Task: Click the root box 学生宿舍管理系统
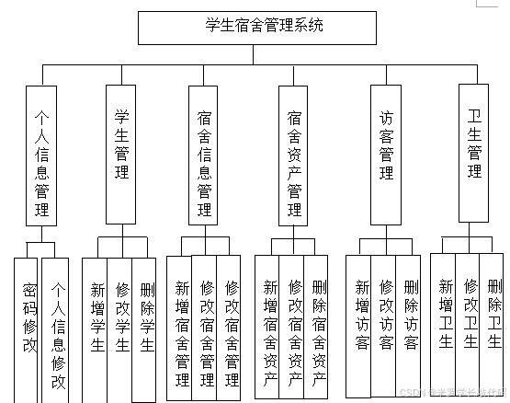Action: tap(257, 28)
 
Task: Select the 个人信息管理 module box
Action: tap(41, 155)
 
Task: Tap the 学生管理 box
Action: tap(121, 155)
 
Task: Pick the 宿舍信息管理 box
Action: tap(204, 155)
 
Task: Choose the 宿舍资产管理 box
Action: tap(294, 155)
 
